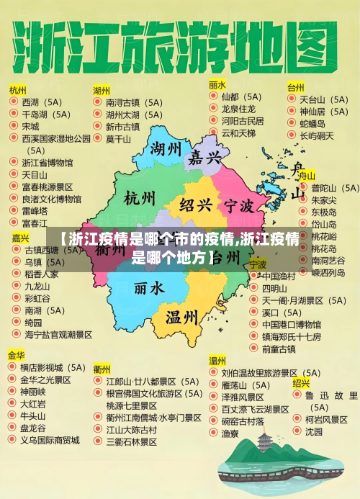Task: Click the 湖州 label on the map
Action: point(166,150)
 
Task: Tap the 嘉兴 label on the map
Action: point(205,158)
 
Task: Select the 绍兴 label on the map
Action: point(196,204)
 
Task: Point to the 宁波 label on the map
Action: point(238,206)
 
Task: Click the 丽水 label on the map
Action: point(149,287)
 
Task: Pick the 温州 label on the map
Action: point(181,317)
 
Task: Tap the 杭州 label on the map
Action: point(140,198)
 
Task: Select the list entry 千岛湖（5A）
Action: point(46,114)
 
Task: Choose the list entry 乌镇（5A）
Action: point(44,263)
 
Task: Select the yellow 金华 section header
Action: point(17,356)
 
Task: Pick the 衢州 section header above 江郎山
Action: point(102,368)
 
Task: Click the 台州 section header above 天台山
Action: point(295,87)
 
